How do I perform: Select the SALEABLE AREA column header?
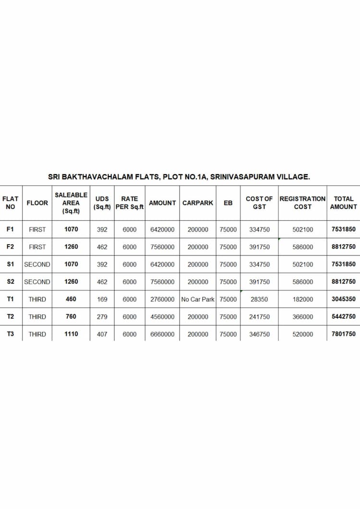click(x=71, y=203)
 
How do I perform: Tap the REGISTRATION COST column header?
click(x=302, y=203)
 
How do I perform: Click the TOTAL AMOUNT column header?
click(x=343, y=203)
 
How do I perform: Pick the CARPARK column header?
click(x=198, y=203)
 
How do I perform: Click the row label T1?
click(x=11, y=299)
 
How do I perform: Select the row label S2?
click(x=11, y=282)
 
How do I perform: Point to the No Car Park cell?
click(x=198, y=299)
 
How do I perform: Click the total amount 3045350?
click(x=343, y=299)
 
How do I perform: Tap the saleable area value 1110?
click(x=71, y=334)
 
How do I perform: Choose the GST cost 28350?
click(x=259, y=299)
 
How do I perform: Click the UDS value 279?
click(x=102, y=317)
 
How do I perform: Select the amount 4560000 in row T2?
click(x=162, y=317)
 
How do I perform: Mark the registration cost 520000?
click(x=302, y=334)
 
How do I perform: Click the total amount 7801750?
click(x=343, y=334)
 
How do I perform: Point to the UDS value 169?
click(x=102, y=299)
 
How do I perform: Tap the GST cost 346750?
click(x=259, y=334)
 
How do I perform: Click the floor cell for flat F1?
click(x=37, y=230)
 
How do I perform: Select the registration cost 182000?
click(x=302, y=299)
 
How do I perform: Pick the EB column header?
click(x=228, y=203)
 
